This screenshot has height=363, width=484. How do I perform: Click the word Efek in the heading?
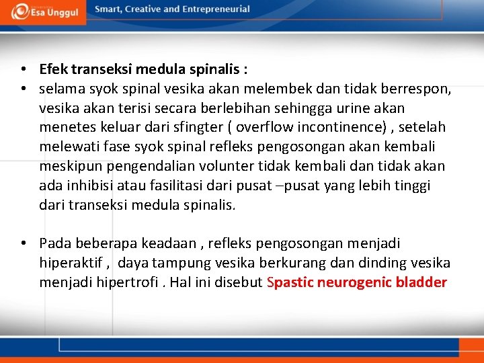(x=53, y=69)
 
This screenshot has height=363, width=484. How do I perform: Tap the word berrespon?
(x=419, y=89)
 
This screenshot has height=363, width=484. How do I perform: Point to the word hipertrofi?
(x=125, y=282)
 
